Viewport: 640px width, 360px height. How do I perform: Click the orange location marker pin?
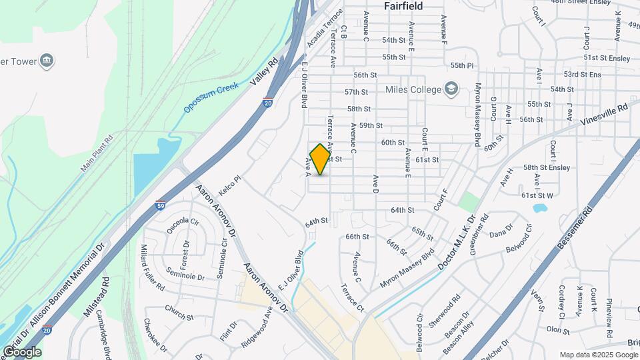(x=320, y=159)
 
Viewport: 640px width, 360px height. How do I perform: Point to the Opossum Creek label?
(x=211, y=97)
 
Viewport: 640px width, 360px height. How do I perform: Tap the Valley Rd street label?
(x=263, y=72)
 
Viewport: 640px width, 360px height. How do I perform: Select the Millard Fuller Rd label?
(x=151, y=267)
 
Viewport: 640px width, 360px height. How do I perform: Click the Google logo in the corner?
(x=21, y=351)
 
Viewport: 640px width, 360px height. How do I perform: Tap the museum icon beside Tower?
(x=47, y=61)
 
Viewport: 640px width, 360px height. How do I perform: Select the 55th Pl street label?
(x=461, y=65)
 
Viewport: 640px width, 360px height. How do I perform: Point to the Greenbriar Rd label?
(x=479, y=234)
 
